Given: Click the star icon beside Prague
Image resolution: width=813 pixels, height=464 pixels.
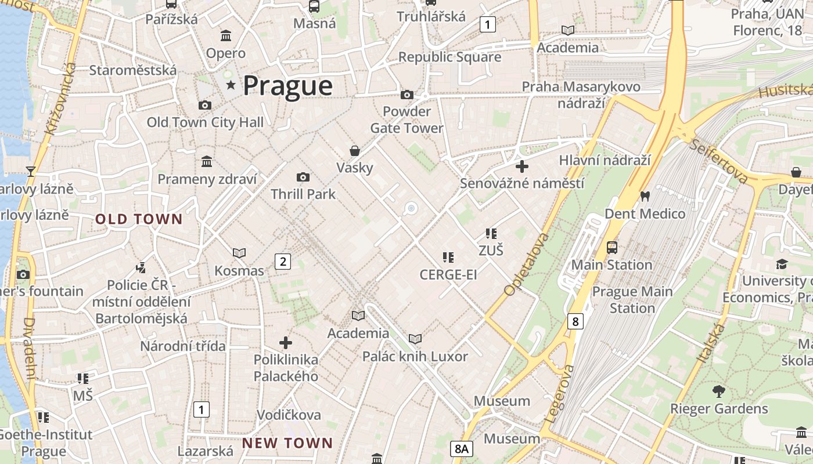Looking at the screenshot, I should tap(231, 85).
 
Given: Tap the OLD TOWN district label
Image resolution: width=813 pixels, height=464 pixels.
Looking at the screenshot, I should tap(139, 219).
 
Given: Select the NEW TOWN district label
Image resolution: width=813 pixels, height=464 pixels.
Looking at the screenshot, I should tap(287, 443).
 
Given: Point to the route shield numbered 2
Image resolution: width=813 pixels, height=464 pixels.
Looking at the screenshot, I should tap(283, 262).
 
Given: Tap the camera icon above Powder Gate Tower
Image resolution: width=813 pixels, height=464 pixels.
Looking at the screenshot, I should tap(407, 95).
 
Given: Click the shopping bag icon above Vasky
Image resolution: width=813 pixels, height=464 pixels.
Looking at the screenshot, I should tap(355, 151).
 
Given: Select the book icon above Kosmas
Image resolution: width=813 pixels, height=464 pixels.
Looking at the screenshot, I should tap(239, 253).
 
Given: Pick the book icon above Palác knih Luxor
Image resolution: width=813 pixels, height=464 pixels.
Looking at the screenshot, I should tap(415, 339).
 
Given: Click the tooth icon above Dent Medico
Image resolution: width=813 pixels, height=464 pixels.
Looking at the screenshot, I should tap(644, 197).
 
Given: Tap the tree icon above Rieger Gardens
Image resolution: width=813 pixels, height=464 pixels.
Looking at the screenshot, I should tap(719, 391).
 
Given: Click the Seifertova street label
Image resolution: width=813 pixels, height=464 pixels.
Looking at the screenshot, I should tap(718, 161).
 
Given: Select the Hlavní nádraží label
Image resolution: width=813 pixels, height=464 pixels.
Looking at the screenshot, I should tap(605, 160).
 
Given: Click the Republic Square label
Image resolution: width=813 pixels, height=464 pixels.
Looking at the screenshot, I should tap(449, 57).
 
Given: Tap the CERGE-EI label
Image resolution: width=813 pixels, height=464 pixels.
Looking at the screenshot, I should tap(448, 274).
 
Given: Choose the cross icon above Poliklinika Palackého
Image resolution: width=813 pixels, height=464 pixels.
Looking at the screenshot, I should tap(286, 343).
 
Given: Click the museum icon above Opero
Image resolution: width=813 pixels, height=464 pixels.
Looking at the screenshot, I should tap(226, 36).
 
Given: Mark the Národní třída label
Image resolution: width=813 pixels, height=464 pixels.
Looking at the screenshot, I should tap(182, 346).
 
